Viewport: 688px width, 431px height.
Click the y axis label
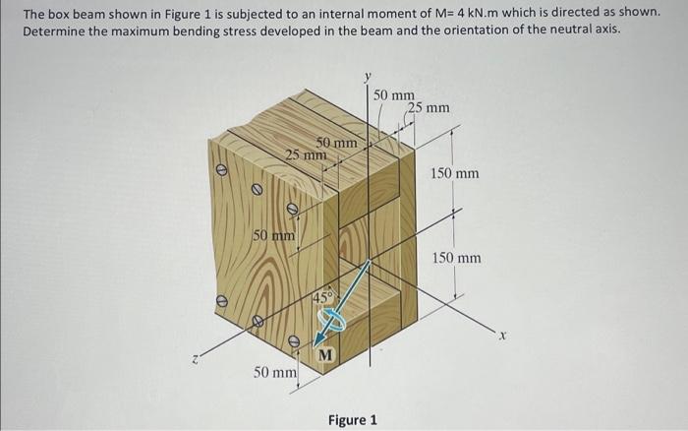(x=369, y=75)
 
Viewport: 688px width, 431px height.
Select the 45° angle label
(x=323, y=297)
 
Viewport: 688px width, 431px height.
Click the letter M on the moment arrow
(x=325, y=353)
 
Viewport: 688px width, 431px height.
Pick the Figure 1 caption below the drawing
(x=353, y=420)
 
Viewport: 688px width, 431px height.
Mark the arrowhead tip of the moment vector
(x=370, y=262)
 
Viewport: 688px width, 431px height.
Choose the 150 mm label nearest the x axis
(x=457, y=258)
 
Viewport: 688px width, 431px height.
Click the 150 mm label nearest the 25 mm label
(x=454, y=174)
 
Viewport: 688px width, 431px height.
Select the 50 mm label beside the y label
(x=394, y=94)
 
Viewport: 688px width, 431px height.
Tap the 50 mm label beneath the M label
(x=274, y=373)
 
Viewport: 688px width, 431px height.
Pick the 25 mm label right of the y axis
(x=429, y=107)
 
